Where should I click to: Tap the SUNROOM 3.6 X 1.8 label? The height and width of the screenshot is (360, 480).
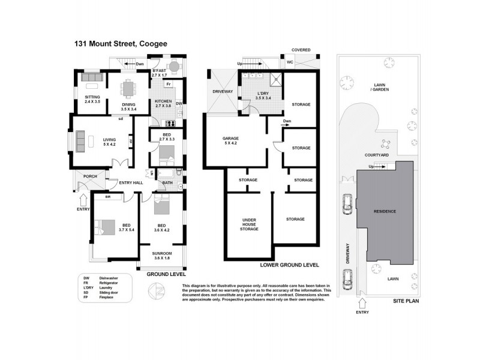162,256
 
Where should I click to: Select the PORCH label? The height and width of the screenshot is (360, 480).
90,176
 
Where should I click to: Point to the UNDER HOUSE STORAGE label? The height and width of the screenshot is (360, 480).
248,224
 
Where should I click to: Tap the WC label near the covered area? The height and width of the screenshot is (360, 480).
289,62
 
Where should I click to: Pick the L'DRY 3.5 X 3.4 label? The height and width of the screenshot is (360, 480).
263,95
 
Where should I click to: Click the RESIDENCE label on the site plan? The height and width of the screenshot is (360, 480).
385,211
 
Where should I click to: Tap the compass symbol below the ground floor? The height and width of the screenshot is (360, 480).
154,291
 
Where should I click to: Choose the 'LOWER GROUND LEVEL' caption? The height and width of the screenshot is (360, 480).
289,265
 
